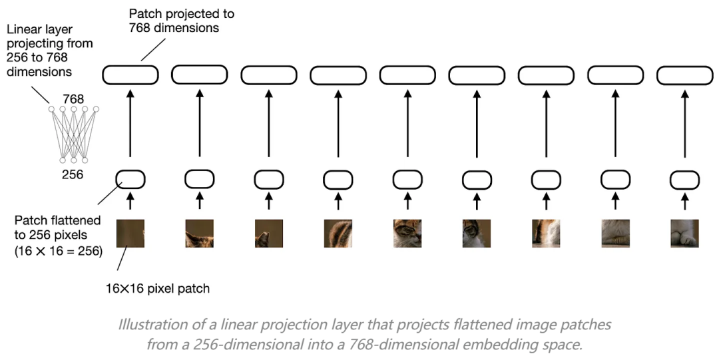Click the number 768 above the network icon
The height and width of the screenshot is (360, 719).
coord(73,99)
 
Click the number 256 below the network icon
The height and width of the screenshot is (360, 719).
coord(73,175)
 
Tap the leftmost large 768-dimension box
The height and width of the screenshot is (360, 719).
coord(130,75)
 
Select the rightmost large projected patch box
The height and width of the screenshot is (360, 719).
coord(684,75)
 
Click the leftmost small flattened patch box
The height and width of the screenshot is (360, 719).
coord(130,179)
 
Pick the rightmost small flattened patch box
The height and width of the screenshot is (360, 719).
coord(684,179)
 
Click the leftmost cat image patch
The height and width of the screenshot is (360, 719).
coord(130,234)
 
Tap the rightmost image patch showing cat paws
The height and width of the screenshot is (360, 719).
coord(684,234)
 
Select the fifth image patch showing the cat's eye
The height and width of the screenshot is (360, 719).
coord(407,234)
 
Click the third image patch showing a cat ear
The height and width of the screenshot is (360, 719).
coord(269,234)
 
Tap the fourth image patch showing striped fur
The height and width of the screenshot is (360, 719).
coord(338,234)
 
